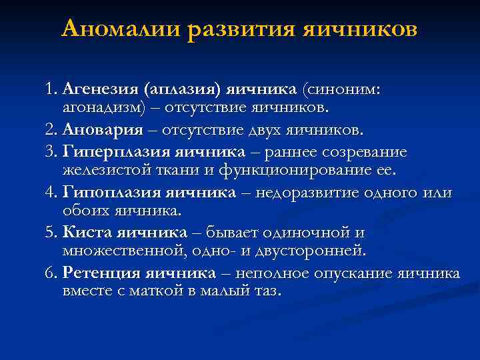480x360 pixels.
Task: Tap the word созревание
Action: [359, 152]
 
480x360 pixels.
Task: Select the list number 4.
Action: [51, 193]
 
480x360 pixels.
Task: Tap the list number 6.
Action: [51, 273]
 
